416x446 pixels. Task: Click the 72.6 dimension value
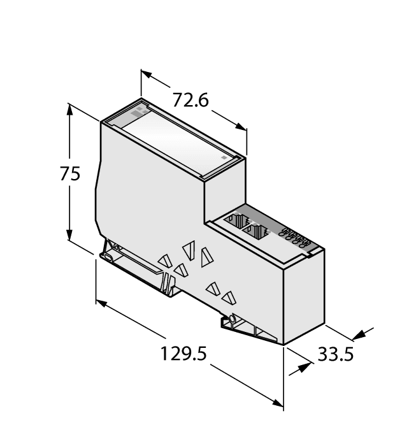point(191,101)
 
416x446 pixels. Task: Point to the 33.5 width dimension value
point(335,354)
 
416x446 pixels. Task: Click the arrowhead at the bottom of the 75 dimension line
point(69,237)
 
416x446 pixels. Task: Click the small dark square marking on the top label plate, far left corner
point(139,110)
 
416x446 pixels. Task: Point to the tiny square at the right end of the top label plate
point(223,156)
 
